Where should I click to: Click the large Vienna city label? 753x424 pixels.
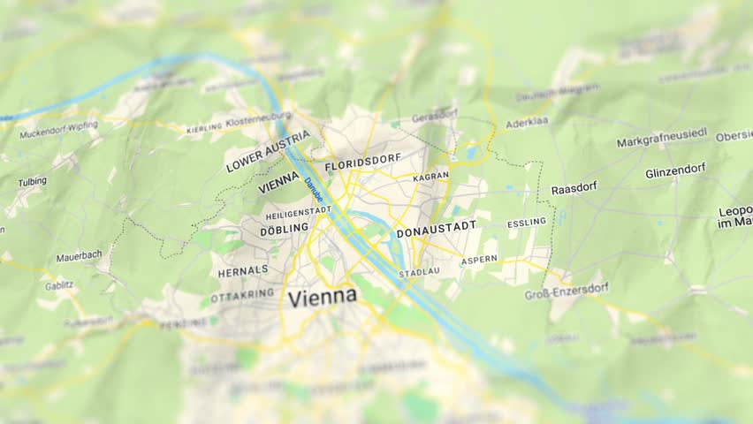click(x=323, y=297)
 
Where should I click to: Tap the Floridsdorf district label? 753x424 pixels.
click(x=362, y=163)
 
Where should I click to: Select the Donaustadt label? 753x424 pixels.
click(x=436, y=230)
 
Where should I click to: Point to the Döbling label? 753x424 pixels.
click(x=284, y=228)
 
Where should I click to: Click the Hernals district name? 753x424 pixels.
click(x=243, y=271)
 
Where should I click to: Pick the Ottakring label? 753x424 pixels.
click(x=243, y=295)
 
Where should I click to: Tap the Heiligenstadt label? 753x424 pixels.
click(x=298, y=212)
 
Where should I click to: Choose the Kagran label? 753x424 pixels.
click(x=430, y=177)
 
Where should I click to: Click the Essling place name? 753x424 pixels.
click(x=526, y=223)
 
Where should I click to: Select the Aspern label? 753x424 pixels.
click(x=478, y=260)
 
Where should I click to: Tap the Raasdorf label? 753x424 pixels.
click(x=574, y=188)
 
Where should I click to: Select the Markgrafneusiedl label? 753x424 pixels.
click(x=662, y=138)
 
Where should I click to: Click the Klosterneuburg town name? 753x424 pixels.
click(x=258, y=121)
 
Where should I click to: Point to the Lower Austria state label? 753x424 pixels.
click(x=268, y=151)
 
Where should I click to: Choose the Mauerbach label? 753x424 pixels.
click(x=79, y=257)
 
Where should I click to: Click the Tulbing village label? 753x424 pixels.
click(x=32, y=182)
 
